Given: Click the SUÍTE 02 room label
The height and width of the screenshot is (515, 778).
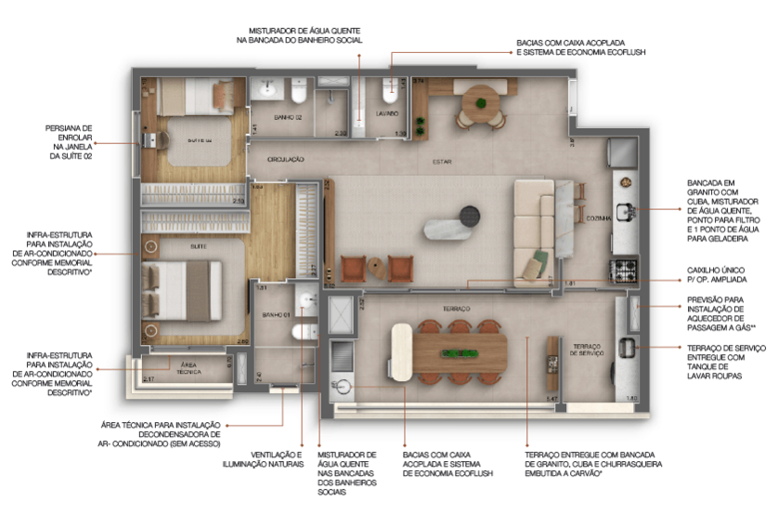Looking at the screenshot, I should [x=201, y=139].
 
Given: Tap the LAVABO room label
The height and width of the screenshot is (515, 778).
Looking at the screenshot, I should [x=387, y=113].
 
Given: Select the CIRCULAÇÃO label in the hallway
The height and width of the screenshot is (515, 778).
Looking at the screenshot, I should [x=285, y=160].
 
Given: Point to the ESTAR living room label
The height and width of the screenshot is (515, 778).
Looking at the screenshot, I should [x=442, y=162].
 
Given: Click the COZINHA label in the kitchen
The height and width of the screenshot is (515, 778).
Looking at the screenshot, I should [x=598, y=218].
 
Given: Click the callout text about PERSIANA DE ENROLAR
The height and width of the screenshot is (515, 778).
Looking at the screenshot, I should [x=68, y=142].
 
